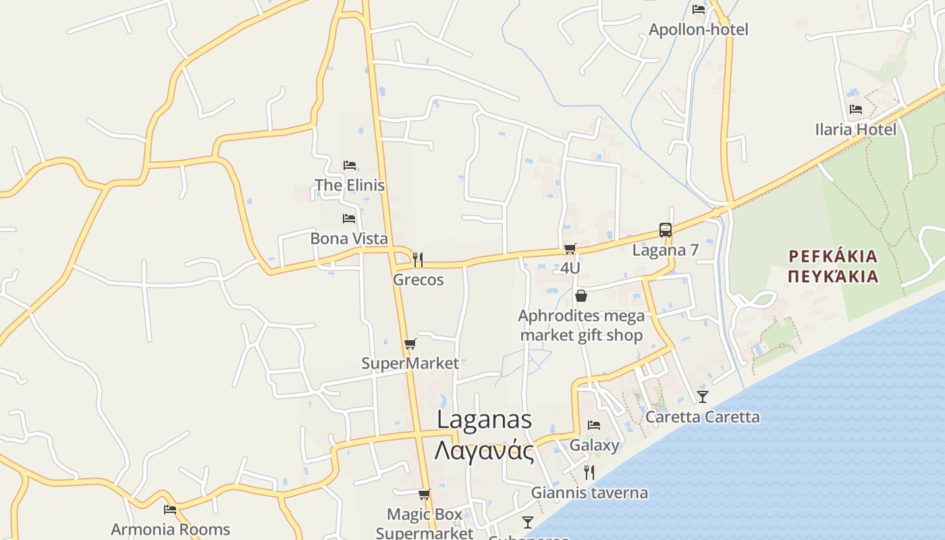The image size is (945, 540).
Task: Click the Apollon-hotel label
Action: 699,30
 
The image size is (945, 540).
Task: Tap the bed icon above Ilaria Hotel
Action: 856,109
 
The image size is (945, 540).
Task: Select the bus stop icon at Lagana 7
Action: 666,230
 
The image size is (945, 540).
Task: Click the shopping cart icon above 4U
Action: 570,248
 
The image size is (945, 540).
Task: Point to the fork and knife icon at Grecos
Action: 418,259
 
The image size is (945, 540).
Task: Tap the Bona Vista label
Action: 349,238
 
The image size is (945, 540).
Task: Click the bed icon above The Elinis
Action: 349,165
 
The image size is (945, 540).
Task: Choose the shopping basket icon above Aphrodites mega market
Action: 580,296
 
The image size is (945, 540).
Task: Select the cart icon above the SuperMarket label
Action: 410,344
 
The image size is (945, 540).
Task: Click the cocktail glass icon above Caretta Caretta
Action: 703,396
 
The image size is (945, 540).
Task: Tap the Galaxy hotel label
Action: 594,445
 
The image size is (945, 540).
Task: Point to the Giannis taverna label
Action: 589,493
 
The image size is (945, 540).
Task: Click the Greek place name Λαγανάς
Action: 484,451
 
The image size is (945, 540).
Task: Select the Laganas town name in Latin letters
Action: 484,419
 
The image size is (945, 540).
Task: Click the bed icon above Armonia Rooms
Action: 170,510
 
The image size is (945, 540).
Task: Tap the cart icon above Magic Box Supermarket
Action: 424,495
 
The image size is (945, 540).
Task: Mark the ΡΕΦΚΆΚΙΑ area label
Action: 833,256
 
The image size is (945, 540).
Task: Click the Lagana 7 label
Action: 665,250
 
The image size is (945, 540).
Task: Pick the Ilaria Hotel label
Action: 855,129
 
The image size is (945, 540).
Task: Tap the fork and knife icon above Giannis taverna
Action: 589,472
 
